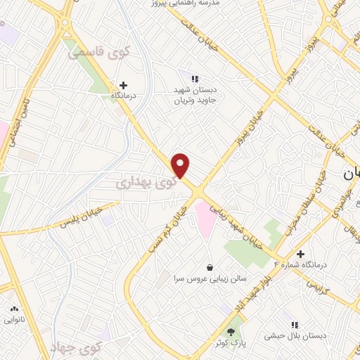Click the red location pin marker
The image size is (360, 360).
click(x=181, y=165)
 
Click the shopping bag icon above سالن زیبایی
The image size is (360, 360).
click(x=210, y=267)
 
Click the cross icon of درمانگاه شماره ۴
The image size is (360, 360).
click(x=300, y=254)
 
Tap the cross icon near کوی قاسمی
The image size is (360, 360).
click(x=124, y=84)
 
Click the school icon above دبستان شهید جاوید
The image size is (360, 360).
click(x=195, y=78)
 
